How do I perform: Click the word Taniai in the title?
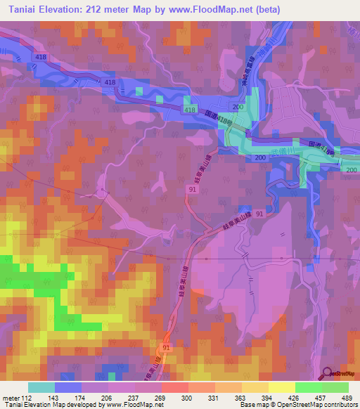tap(26, 9)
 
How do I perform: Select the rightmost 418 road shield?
tap(190, 110)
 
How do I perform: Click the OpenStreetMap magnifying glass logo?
tap(327, 373)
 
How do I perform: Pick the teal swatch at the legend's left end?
tap(41, 387)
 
